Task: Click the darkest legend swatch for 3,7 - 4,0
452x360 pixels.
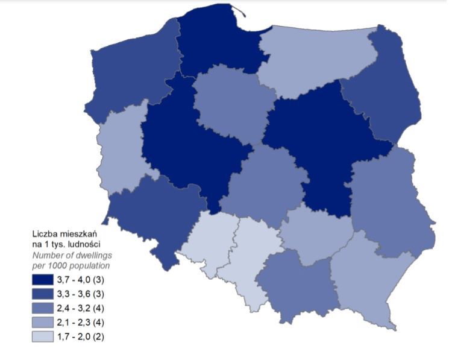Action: (43, 280)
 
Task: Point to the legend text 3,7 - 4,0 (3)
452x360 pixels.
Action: (81, 280)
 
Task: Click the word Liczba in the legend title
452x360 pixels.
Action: (45, 233)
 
